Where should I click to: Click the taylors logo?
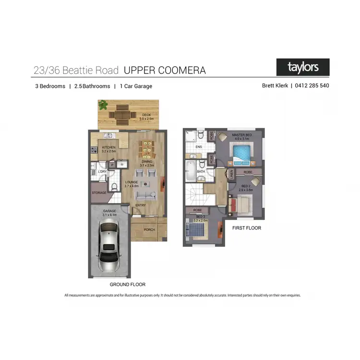[x=303, y=67]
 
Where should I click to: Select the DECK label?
[x=145, y=115]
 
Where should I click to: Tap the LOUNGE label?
[x=132, y=182]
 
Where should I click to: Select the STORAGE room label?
[x=99, y=193]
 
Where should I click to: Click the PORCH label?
[x=149, y=229]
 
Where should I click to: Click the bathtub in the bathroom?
[x=190, y=170]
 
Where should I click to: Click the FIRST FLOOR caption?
[x=246, y=228]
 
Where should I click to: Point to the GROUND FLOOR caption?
[x=127, y=285]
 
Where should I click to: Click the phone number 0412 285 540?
[x=312, y=86]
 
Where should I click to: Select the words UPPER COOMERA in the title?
[x=165, y=71]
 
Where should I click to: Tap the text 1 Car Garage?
[x=136, y=86]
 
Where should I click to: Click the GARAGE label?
[x=109, y=211]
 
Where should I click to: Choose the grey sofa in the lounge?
[x=146, y=196]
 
